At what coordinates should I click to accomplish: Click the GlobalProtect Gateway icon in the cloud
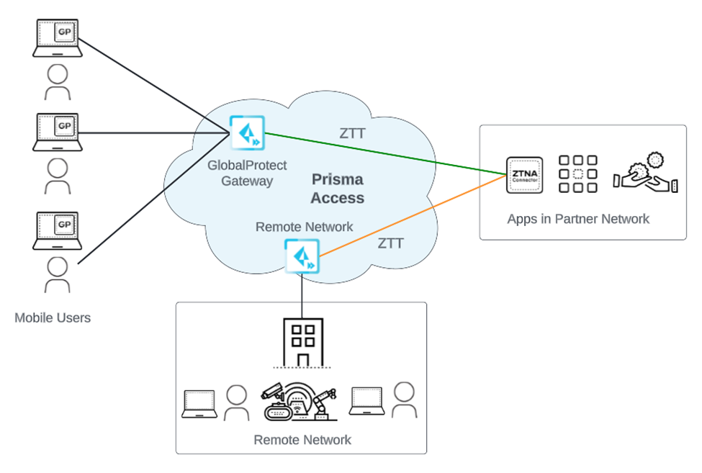pyautogui.click(x=247, y=133)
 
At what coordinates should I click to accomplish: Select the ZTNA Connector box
pyautogui.click(x=523, y=175)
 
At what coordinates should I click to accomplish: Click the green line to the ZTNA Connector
pyautogui.click(x=382, y=153)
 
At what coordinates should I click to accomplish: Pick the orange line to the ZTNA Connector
pyautogui.click(x=410, y=215)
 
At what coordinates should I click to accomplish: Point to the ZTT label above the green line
pyautogui.click(x=353, y=133)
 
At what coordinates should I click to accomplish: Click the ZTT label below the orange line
pyautogui.click(x=391, y=243)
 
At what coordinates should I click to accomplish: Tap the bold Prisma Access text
pyautogui.click(x=337, y=189)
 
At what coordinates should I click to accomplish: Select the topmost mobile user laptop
pyautogui.click(x=55, y=37)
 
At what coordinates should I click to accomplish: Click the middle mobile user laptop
pyautogui.click(x=55, y=131)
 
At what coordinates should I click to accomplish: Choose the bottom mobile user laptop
pyautogui.click(x=55, y=229)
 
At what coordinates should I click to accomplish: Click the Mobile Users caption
pyautogui.click(x=53, y=317)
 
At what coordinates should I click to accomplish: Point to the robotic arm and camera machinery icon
pyautogui.click(x=300, y=402)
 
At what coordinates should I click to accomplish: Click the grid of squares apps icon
pyautogui.click(x=579, y=174)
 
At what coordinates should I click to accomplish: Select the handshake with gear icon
pyautogui.click(x=645, y=174)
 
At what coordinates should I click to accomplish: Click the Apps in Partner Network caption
pyautogui.click(x=578, y=219)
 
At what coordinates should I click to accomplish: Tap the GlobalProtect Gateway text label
pyautogui.click(x=247, y=173)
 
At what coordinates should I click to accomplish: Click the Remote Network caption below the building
pyautogui.click(x=302, y=440)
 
